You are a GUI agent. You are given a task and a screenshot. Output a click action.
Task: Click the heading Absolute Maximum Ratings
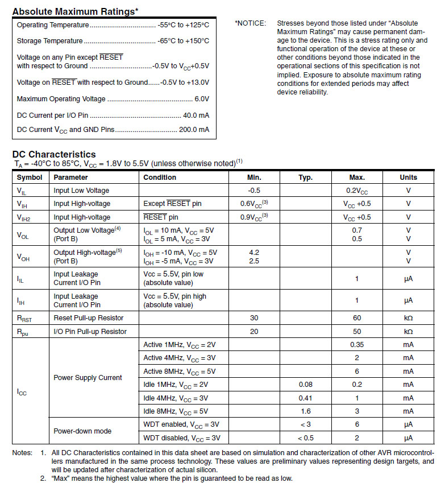[x=75, y=11]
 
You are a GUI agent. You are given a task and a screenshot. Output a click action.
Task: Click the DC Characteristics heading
[x=54, y=155]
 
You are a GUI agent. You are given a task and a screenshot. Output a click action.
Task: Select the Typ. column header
[x=305, y=178]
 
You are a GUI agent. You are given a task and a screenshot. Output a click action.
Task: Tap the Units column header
[x=408, y=178]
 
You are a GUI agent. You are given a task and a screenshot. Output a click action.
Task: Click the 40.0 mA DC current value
[x=196, y=115]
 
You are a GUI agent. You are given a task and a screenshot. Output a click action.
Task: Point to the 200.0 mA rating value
[x=194, y=130]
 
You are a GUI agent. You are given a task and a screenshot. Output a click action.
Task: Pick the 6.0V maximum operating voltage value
[x=202, y=99]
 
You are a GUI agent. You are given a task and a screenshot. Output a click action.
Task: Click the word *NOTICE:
[x=250, y=23]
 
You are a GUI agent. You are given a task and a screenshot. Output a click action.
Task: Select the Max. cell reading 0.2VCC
[x=356, y=191]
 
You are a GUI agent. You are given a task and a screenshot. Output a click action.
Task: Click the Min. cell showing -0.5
[x=253, y=191]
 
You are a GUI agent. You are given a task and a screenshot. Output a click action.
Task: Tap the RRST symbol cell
[x=26, y=318]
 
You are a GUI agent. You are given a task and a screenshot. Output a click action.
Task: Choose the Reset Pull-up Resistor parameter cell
[x=88, y=317]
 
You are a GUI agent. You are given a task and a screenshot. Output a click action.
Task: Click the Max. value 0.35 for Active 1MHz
[x=356, y=345]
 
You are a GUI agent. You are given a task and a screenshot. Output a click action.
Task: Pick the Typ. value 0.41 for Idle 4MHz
[x=305, y=398]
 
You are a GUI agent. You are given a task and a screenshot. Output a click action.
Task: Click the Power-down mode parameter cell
[x=82, y=431]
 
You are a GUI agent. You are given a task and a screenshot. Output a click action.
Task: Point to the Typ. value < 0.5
[x=305, y=438]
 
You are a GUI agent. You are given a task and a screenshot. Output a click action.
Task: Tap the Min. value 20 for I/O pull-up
[x=253, y=331]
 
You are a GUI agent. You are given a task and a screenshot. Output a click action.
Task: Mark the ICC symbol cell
[x=22, y=392]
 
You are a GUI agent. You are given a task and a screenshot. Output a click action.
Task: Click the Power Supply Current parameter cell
[x=88, y=378]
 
